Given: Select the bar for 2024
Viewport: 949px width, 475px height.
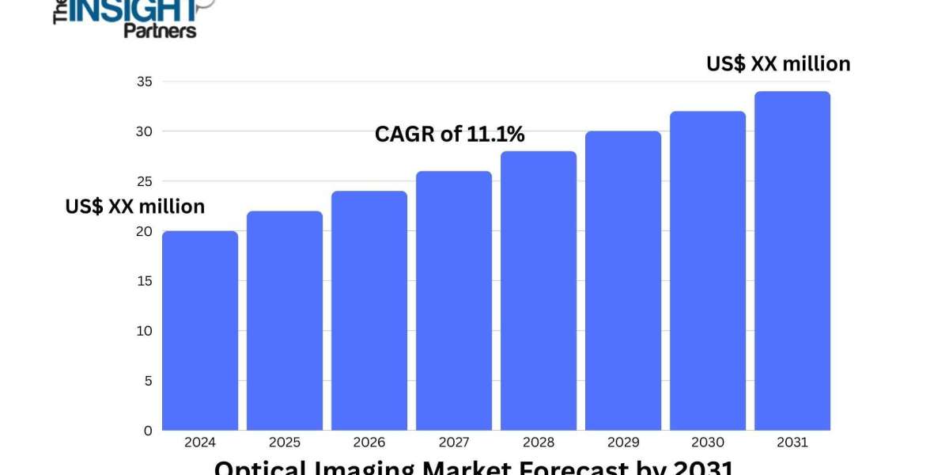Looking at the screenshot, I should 200,331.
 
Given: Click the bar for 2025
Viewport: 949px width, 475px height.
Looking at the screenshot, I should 285,321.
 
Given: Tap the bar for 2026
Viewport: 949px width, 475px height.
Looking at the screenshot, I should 369,310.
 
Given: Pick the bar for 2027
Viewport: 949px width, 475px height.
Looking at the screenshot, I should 454,301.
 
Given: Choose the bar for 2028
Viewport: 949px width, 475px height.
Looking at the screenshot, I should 539,291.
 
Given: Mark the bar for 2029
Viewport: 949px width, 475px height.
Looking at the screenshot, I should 623,281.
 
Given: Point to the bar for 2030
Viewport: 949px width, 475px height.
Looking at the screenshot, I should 708,271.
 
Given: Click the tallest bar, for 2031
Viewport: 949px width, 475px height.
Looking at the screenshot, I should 792,261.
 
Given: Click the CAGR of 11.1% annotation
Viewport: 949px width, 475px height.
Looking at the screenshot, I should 449,135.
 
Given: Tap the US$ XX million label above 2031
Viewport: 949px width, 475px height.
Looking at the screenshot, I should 778,63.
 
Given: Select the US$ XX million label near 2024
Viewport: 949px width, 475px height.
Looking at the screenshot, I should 134,207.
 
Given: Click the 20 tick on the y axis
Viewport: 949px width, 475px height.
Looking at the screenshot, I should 143,231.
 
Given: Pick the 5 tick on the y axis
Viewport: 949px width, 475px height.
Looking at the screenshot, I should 147,381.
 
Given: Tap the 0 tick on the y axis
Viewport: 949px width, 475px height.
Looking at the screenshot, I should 147,431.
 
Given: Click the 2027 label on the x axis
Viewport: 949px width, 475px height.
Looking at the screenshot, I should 454,443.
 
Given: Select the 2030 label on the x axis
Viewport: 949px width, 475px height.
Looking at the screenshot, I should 708,443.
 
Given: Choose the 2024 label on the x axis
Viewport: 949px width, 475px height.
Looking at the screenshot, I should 200,443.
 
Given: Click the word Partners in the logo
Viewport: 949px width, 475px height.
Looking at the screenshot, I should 160,30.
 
